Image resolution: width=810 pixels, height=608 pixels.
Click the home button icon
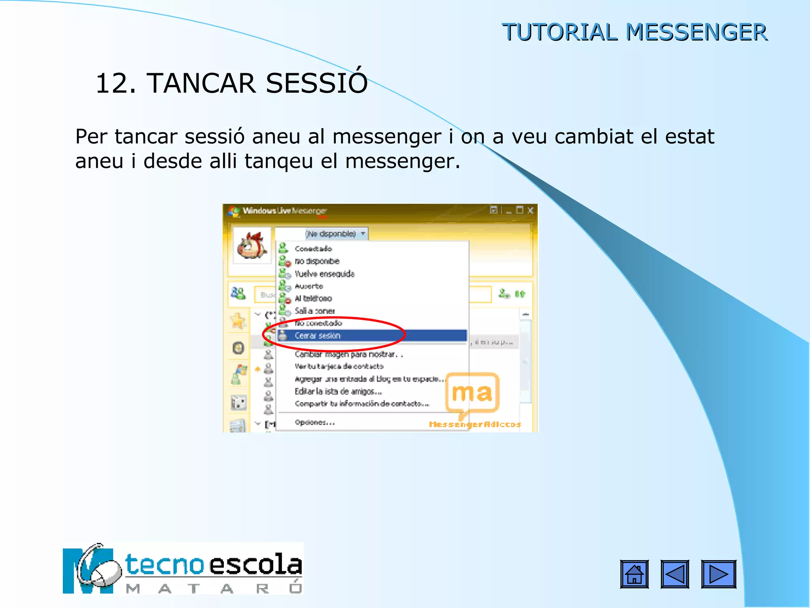[634, 574]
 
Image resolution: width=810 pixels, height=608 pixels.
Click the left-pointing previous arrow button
[675, 574]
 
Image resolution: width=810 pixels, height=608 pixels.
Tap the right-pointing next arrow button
[718, 574]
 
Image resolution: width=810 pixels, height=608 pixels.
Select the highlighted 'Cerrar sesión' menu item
[318, 336]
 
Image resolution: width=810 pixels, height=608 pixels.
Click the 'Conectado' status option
[313, 249]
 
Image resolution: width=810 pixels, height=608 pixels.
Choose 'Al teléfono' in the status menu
[313, 298]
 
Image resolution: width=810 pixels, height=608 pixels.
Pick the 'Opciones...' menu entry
[315, 422]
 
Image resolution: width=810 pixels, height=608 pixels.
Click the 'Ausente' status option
[309, 286]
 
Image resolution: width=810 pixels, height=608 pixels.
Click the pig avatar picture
[252, 245]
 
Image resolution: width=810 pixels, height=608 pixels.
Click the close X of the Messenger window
[530, 210]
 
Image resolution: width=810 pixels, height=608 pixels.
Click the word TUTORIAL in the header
[559, 32]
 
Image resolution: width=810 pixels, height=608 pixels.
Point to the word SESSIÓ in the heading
[316, 83]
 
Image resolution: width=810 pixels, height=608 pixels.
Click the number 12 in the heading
[115, 84]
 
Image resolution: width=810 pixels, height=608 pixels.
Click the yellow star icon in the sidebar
[238, 321]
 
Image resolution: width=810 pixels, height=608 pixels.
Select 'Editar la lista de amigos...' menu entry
[338, 391]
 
